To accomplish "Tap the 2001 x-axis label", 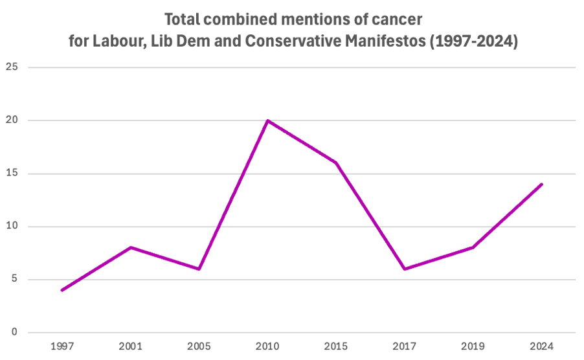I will click(x=130, y=346).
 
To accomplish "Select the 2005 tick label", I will click(x=199, y=346).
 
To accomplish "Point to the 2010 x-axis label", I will click(x=267, y=346).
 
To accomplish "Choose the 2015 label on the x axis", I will click(x=336, y=346).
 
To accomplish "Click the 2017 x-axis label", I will click(x=405, y=346).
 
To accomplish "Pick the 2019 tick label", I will click(x=473, y=346).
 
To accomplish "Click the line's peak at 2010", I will click(x=267, y=120).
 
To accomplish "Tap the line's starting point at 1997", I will click(x=62, y=290).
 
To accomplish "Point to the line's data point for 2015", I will click(x=336, y=163).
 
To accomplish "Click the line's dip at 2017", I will click(x=405, y=269).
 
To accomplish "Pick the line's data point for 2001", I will click(x=130, y=247).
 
